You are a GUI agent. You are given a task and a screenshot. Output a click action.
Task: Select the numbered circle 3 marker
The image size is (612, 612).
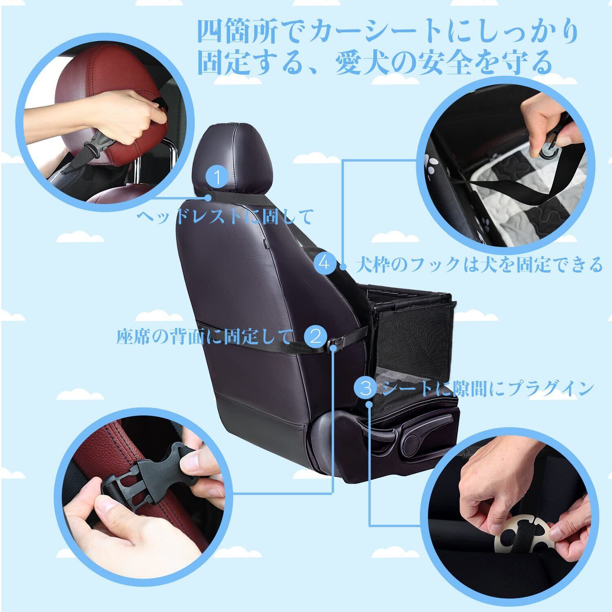point(366,388)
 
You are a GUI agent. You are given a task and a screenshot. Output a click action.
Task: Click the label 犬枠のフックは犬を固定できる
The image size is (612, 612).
point(479,264)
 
